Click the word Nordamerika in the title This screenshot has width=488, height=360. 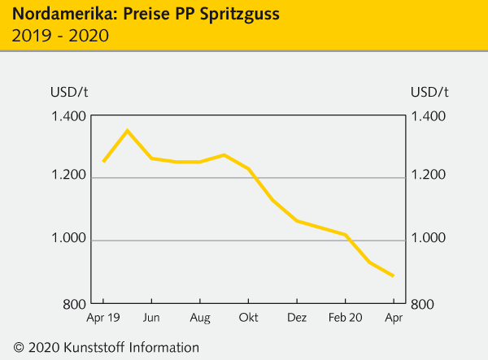55,14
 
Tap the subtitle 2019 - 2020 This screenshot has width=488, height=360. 60,36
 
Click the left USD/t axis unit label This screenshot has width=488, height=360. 67,90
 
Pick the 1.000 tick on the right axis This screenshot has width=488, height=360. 429,239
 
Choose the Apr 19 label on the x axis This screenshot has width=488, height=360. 103,317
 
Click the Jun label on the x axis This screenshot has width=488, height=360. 151,317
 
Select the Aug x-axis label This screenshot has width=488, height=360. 200,317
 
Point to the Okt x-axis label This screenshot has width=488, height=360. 248,317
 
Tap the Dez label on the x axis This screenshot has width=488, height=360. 297,317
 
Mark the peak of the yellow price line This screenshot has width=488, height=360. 127,130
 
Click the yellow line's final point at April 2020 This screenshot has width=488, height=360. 393,275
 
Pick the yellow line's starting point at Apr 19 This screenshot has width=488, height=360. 103,161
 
